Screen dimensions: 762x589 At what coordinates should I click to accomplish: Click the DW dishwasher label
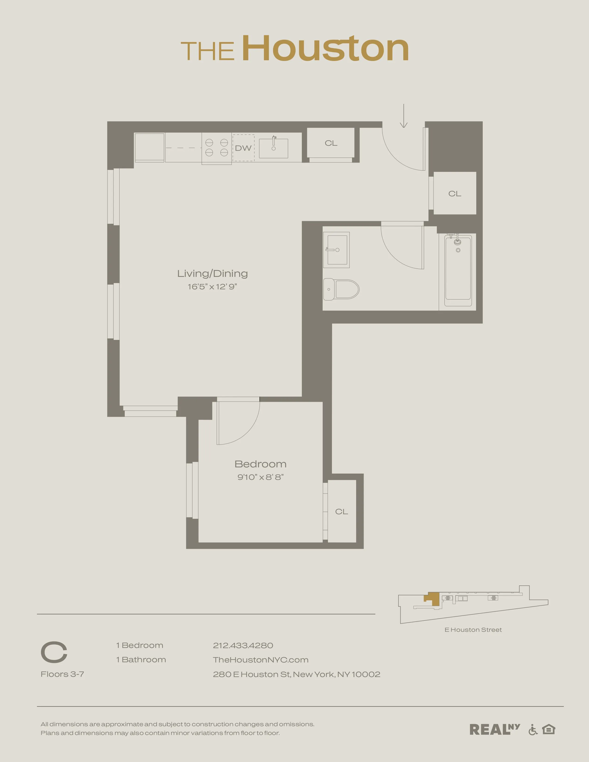243,148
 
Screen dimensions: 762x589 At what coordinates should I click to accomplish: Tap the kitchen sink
273,148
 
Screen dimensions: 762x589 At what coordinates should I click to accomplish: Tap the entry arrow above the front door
404,116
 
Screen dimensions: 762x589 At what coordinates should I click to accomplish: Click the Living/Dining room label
213,274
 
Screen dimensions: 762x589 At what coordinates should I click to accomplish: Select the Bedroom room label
261,464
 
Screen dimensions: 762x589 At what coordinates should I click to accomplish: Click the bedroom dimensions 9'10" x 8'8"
261,477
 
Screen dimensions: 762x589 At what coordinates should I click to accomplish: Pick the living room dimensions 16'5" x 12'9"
213,287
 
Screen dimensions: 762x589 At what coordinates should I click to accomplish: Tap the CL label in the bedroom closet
342,511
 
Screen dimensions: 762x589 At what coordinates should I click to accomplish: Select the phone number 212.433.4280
243,645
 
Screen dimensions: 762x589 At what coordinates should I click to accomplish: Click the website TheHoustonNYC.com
261,660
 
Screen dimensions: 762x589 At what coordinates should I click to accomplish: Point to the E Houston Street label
473,630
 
